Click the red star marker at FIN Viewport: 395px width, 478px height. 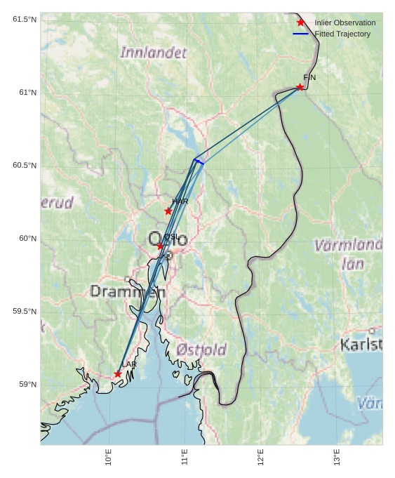point(300,87)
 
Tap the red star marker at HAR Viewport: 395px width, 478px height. point(168,211)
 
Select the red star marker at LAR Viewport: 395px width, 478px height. point(118,374)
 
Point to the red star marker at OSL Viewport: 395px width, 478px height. point(160,246)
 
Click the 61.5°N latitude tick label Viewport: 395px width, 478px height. point(25,20)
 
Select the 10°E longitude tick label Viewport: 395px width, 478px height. point(109,457)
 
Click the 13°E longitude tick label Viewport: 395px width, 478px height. point(337,457)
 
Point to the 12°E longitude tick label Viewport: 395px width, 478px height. point(261,457)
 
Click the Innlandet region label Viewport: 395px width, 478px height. point(154,53)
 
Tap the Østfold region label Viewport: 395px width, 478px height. point(201,350)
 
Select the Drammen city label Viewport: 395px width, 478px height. point(128,291)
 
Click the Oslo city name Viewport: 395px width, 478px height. point(168,239)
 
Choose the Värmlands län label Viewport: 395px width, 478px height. point(348,254)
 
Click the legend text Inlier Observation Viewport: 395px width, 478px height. point(344,22)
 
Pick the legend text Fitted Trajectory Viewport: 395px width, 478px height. point(342,34)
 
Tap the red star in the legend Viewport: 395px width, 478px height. point(301,22)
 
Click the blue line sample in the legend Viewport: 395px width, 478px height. point(301,34)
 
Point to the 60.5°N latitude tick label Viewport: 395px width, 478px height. point(25,166)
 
